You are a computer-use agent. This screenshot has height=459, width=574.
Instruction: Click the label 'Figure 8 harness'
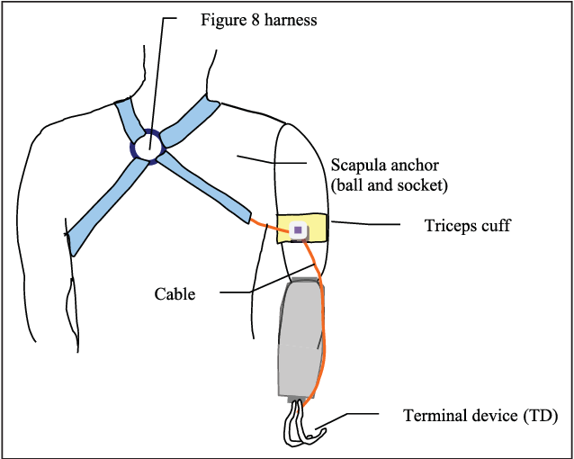(258, 19)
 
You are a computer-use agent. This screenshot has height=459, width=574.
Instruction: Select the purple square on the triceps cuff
(297, 231)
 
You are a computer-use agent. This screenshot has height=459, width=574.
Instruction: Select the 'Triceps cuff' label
(467, 226)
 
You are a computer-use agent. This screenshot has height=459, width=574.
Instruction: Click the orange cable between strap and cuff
(265, 226)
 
